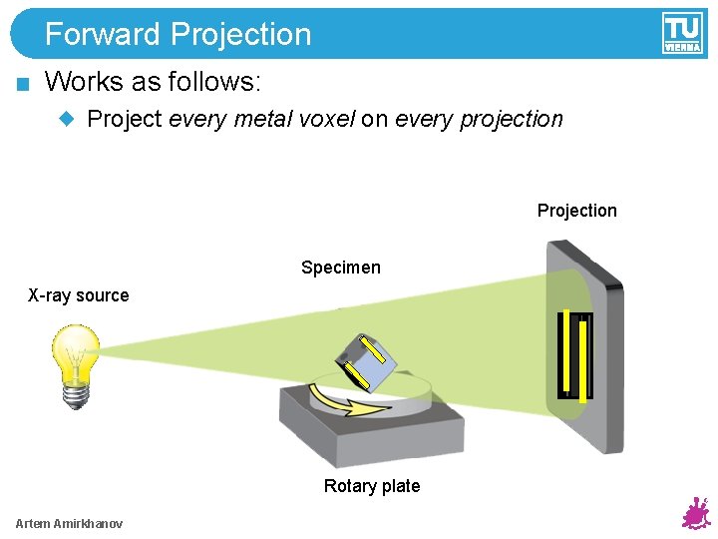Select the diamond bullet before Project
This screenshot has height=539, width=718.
pos(67,119)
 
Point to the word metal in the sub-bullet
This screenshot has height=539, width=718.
pos(264,119)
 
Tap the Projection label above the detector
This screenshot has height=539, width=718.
pos(576,211)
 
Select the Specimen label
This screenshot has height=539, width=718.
pos(340,268)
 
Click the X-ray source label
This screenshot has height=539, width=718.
pos(78,295)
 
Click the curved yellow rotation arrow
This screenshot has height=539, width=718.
pos(344,401)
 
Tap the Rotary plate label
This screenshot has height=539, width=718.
pos(371,486)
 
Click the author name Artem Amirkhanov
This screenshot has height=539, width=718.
pos(69,524)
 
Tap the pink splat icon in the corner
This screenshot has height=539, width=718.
pos(694,513)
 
